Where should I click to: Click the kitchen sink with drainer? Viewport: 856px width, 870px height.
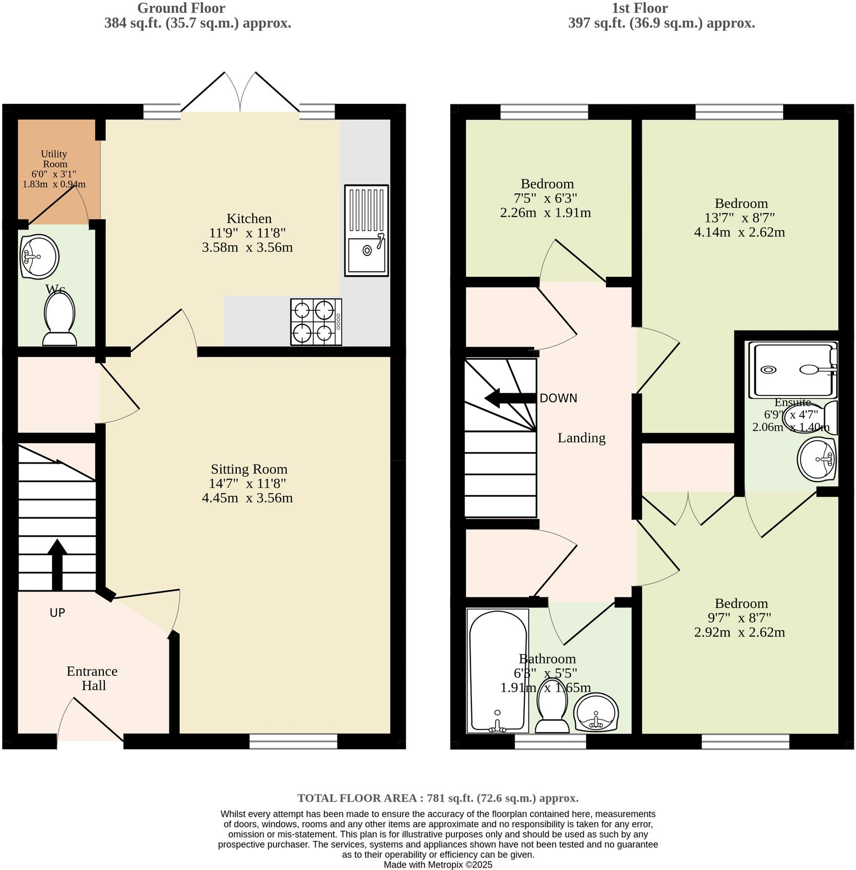click(x=366, y=231)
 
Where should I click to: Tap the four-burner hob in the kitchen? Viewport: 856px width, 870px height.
click(x=316, y=322)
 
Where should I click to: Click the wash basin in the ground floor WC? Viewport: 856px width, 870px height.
click(x=39, y=256)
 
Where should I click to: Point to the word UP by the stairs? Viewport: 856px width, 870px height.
click(x=57, y=612)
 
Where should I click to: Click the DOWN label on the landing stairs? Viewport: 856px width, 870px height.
click(x=558, y=398)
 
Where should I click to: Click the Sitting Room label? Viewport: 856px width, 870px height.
click(x=249, y=469)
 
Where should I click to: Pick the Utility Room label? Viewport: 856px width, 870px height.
click(x=54, y=159)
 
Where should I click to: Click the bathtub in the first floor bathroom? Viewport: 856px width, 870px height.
click(x=498, y=670)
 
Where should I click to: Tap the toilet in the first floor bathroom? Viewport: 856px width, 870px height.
click(x=552, y=706)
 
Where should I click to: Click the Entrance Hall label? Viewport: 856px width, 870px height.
click(x=92, y=678)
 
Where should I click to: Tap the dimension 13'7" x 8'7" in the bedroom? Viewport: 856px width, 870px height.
click(x=740, y=217)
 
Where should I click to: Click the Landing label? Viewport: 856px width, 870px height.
click(x=581, y=438)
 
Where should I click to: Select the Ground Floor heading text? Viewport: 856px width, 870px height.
click(x=181, y=8)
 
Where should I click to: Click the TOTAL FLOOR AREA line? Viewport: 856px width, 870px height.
click(x=438, y=798)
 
